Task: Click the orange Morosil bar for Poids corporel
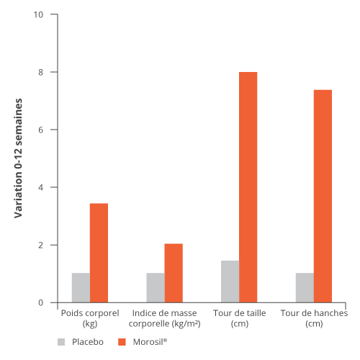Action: click(x=99, y=253)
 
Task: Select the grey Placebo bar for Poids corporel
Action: click(x=81, y=287)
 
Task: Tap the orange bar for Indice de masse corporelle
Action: click(x=174, y=273)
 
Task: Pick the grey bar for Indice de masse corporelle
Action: click(x=156, y=287)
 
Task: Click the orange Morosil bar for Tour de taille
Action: click(x=248, y=187)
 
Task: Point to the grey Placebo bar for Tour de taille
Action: click(x=230, y=282)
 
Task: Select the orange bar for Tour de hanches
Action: click(x=323, y=196)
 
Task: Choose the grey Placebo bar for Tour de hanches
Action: click(x=305, y=287)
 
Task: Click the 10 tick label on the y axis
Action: click(x=38, y=14)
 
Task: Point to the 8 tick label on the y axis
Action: click(x=40, y=72)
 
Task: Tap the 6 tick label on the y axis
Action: click(x=40, y=130)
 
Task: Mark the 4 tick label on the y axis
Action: click(x=40, y=187)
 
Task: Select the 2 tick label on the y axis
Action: click(x=40, y=245)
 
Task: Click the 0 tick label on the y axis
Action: click(x=40, y=302)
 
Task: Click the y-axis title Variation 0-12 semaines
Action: click(x=18, y=158)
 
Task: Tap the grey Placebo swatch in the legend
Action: click(x=61, y=342)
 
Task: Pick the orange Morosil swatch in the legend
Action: click(x=122, y=342)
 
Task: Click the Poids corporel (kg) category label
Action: click(x=90, y=318)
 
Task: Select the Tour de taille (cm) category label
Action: click(x=240, y=318)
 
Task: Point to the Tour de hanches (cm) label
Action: click(x=314, y=318)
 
